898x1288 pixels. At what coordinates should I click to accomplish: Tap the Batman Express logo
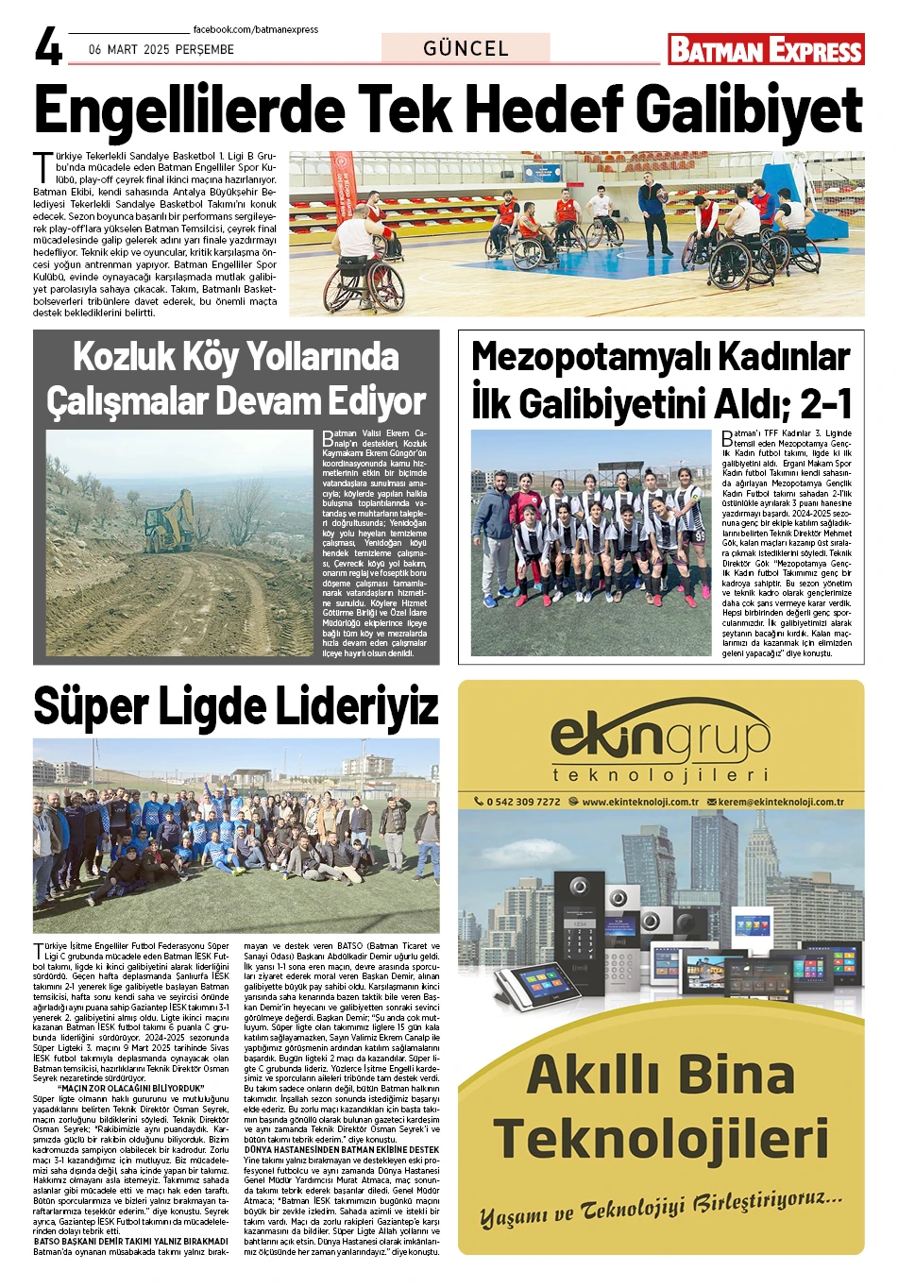coord(766,50)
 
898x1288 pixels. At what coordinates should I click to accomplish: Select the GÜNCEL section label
coord(466,49)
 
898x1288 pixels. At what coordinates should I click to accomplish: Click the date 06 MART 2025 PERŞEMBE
coord(161,50)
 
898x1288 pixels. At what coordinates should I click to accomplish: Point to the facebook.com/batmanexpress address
coord(255,29)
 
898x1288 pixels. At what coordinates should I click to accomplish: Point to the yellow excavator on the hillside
coord(169,518)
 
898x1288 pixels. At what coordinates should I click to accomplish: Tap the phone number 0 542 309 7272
coord(522,802)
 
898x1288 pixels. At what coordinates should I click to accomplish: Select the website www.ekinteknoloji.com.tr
coord(639,802)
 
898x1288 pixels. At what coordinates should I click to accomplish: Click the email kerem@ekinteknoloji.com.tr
coord(780,802)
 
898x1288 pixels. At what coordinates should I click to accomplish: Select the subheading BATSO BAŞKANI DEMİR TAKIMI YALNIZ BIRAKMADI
coord(130,1241)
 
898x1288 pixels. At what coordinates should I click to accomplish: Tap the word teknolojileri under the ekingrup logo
coord(660,775)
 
